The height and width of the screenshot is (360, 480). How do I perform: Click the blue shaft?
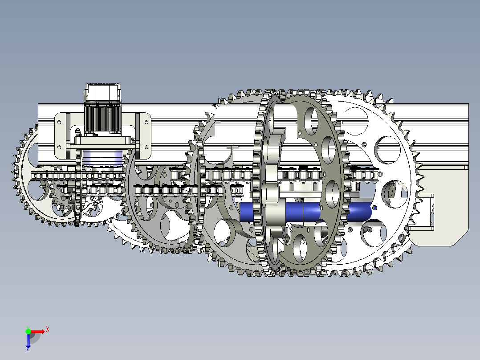pyautogui.click(x=306, y=212)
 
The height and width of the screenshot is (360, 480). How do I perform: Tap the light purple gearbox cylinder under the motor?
pyautogui.click(x=102, y=158)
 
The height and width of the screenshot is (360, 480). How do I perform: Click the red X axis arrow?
pyautogui.click(x=37, y=331)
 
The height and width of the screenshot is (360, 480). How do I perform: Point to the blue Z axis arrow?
pyautogui.click(x=28, y=340)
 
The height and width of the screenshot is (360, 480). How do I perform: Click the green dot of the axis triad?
pyautogui.click(x=28, y=331)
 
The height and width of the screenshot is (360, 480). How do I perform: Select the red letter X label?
pyautogui.click(x=48, y=330)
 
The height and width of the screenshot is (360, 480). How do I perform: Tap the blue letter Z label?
pyautogui.click(x=28, y=349)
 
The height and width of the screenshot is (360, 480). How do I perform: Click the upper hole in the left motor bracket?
pyautogui.click(x=59, y=122)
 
